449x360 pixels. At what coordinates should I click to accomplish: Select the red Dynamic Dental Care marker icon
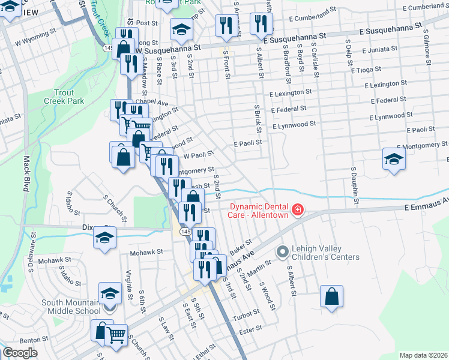coord(297,209)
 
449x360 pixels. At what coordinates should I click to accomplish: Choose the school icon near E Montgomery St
coord(393,158)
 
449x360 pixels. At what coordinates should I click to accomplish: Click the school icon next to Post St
coord(181,28)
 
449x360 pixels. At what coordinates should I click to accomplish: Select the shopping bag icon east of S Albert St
coord(332,296)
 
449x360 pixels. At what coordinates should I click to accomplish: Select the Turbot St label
coord(246,315)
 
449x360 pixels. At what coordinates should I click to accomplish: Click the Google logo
coord(20,353)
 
